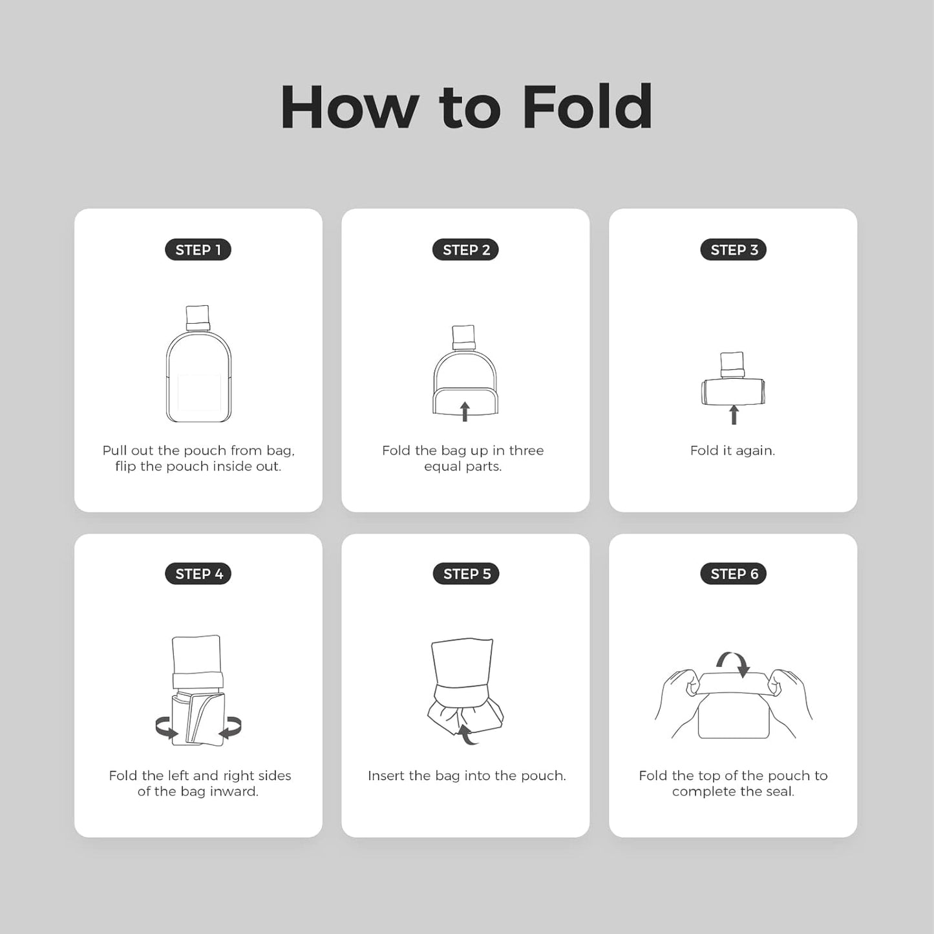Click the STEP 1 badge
(198, 249)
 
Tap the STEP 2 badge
(465, 249)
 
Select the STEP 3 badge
(734, 249)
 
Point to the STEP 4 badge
(198, 573)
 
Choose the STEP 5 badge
(466, 573)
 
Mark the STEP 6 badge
(734, 573)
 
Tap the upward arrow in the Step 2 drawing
(465, 412)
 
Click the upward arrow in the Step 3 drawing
(734, 415)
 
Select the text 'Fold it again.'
(732, 451)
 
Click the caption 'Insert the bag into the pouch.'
(467, 776)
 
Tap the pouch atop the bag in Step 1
(198, 317)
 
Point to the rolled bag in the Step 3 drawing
(734, 392)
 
